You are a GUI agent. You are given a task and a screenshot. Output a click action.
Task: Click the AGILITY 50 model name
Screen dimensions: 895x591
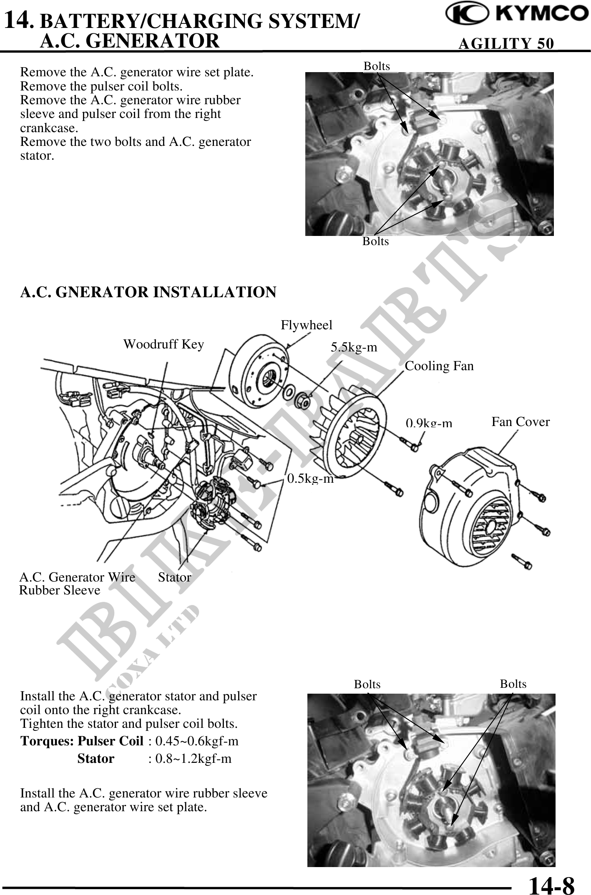[x=506, y=43]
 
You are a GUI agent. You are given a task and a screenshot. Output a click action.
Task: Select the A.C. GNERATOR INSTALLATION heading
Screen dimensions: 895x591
[x=148, y=292]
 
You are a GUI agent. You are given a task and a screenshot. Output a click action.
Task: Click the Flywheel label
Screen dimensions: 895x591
[x=306, y=325]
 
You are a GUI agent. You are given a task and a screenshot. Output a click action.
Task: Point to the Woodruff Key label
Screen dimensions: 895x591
[x=163, y=344]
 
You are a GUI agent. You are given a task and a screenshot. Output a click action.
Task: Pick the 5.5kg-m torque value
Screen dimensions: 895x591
[x=354, y=347]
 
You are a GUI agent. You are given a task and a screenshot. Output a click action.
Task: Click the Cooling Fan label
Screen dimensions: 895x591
[x=439, y=366]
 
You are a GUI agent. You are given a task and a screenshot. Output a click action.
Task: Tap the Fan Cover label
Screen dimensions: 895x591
[x=520, y=422]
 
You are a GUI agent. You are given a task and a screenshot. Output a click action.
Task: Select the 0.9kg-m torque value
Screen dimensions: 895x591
[x=429, y=423]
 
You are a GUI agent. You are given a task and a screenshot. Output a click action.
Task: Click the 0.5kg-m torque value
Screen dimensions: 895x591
[x=311, y=479]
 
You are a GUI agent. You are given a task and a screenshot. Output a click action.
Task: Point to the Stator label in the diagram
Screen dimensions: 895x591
[x=174, y=577]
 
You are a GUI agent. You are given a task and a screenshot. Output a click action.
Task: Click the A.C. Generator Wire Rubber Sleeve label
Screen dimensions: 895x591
[x=77, y=584]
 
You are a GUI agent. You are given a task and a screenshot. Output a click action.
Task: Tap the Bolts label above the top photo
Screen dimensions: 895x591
[x=377, y=66]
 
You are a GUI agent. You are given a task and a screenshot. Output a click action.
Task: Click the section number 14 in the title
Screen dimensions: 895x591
[x=17, y=20]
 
